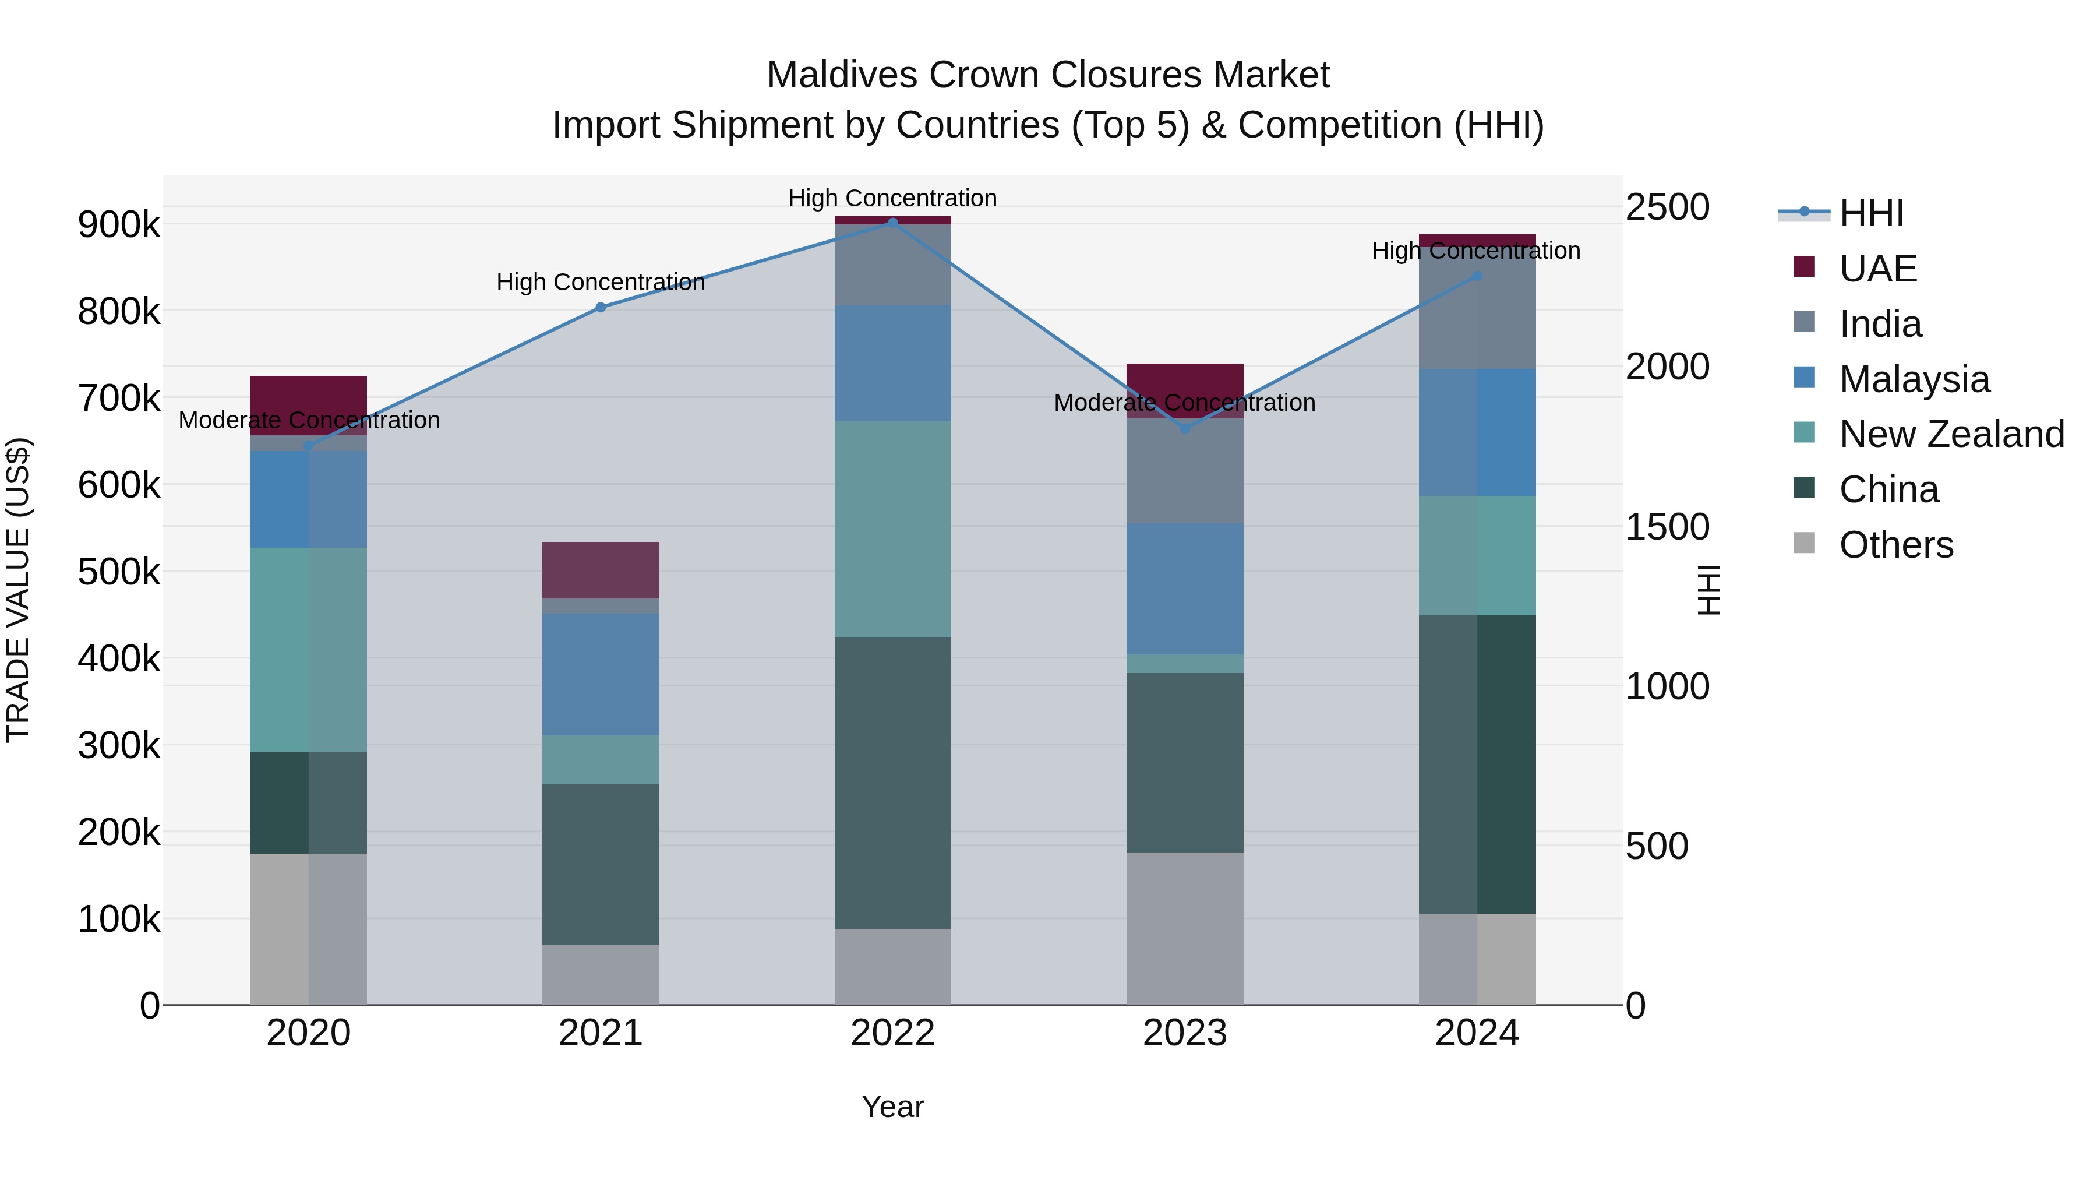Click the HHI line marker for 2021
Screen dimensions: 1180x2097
601,307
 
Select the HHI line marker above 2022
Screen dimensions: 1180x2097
892,223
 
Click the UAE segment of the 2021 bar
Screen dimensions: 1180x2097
601,570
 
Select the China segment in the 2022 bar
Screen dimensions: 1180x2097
892,782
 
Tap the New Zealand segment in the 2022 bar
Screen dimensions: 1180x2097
892,529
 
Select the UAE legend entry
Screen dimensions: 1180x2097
1877,269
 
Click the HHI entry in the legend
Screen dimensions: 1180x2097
1870,213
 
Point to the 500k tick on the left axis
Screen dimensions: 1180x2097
119,572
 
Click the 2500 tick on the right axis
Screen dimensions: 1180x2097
1667,207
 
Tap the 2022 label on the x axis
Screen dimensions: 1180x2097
892,1033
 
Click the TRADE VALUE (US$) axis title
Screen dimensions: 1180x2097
18,590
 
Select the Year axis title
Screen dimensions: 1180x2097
892,1107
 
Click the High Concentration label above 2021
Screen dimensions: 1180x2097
601,282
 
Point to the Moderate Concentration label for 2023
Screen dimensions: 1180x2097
1184,402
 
